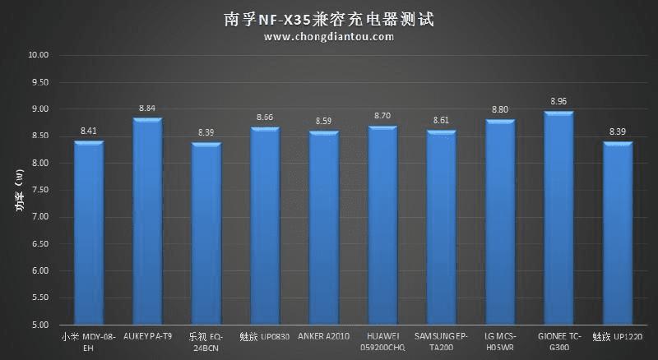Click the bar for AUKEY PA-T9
tap(147, 222)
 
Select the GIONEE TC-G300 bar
tap(559, 219)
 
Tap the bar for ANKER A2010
tap(324, 228)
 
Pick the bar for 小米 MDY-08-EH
tap(89, 233)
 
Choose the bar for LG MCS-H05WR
tap(500, 223)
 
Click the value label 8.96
tap(559, 102)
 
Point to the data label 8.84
tap(147, 108)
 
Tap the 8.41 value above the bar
tap(89, 131)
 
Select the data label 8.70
tap(382, 117)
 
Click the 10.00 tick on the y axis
tap(39, 56)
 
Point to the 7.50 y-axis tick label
tap(39, 191)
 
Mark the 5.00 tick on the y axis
tap(39, 325)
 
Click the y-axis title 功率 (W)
tap(18, 190)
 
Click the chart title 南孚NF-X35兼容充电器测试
tap(329, 18)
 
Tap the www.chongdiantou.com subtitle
tap(329, 37)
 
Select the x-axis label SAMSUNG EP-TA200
tap(442, 342)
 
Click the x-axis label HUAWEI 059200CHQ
tap(382, 342)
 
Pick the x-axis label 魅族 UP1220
tap(618, 337)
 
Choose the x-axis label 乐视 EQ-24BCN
tap(206, 342)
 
